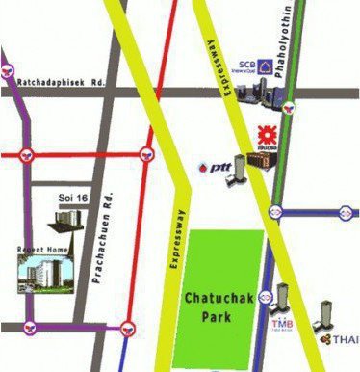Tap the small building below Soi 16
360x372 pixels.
click(x=63, y=218)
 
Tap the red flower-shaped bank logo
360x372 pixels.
click(x=265, y=138)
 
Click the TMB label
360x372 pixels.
click(x=281, y=322)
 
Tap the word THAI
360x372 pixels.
click(x=348, y=339)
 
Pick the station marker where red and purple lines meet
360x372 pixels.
click(x=28, y=154)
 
